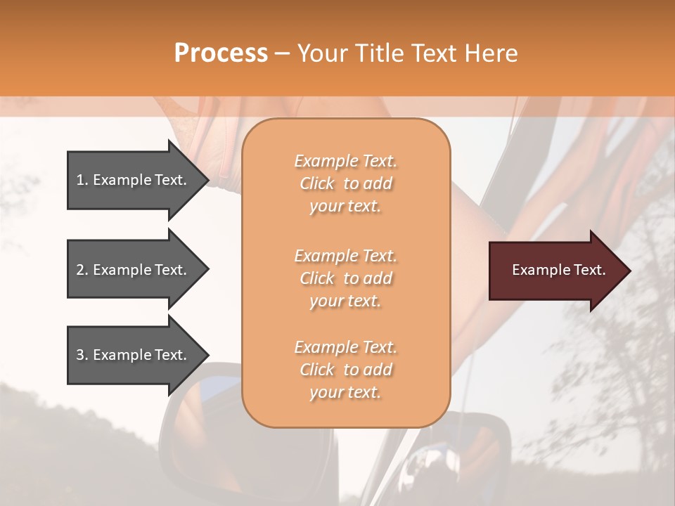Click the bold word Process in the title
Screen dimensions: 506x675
tap(221, 53)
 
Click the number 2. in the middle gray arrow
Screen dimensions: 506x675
tap(82, 270)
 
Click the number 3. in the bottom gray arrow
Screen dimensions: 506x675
tap(82, 355)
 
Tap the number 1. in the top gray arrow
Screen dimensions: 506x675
tap(82, 180)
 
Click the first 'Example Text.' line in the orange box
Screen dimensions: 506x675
tap(345, 161)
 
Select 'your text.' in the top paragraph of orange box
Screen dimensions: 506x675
tap(345, 207)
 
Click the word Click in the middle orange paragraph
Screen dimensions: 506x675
tap(317, 279)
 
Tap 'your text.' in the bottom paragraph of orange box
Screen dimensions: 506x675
tap(345, 393)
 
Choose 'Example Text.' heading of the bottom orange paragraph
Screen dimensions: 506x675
tap(345, 347)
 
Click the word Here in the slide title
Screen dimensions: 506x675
tap(492, 53)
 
